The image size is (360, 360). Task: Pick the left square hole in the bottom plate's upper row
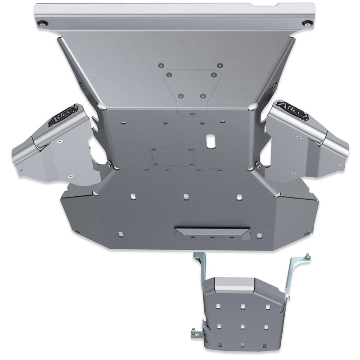(133, 197)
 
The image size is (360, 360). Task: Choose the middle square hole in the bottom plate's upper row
(185, 197)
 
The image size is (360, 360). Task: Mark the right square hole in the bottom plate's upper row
(239, 197)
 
